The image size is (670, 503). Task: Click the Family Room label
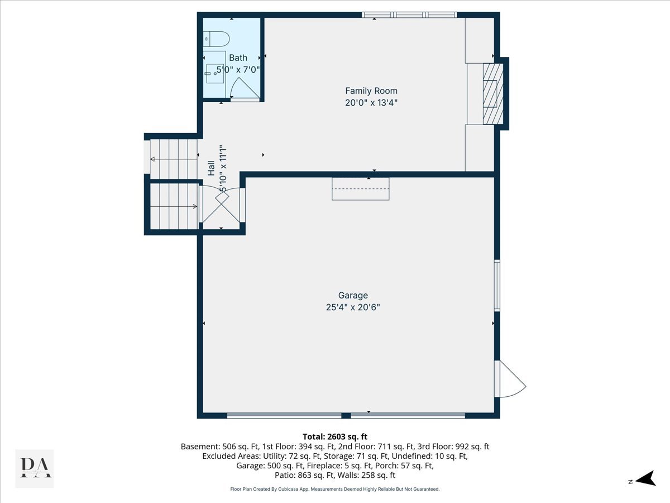[371, 91]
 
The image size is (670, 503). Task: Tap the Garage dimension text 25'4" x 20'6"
[353, 307]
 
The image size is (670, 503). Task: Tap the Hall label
[212, 168]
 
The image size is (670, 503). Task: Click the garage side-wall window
[497, 284]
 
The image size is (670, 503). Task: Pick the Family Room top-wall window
[409, 15]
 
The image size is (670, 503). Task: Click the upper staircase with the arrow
[174, 159]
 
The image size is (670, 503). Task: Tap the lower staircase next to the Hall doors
[174, 206]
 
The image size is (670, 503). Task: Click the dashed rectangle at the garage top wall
[360, 188]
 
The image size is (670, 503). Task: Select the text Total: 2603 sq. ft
[335, 436]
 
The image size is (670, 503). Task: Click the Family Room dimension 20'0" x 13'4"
[371, 102]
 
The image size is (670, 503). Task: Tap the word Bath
[238, 58]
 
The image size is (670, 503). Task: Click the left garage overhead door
[284, 415]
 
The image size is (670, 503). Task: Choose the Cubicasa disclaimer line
[335, 489]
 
